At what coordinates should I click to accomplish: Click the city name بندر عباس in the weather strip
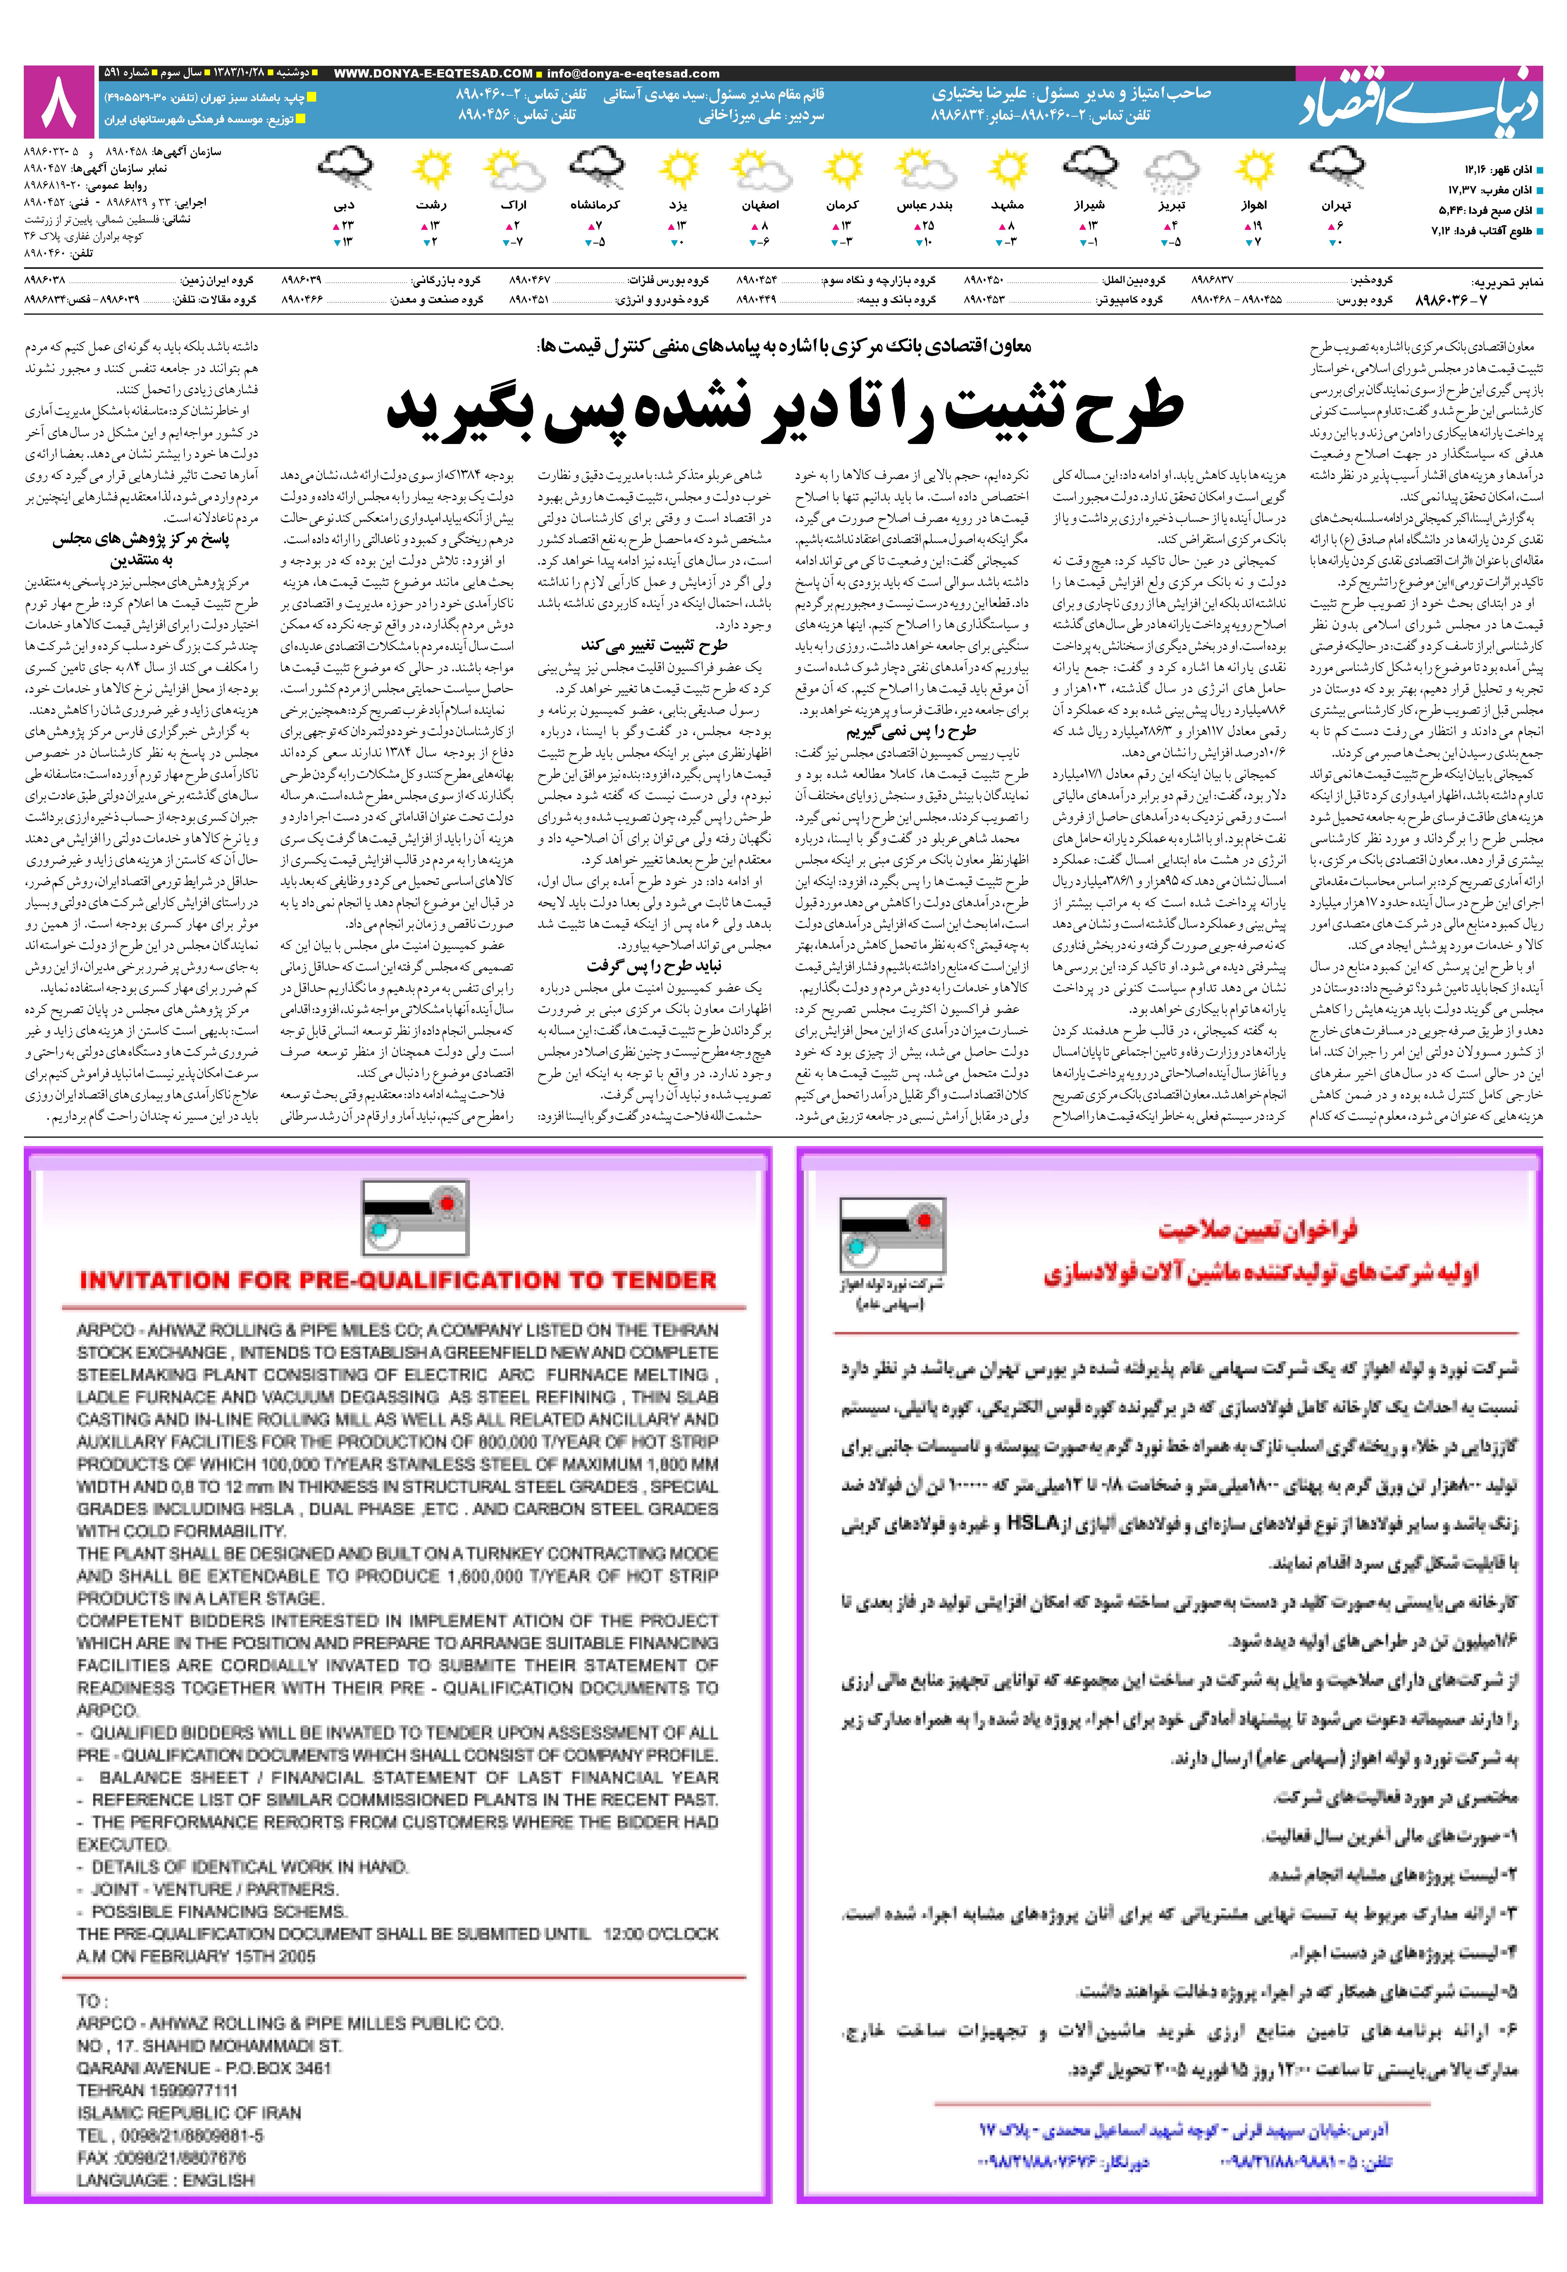[x=924, y=205]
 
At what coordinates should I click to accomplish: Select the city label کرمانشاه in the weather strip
[x=595, y=205]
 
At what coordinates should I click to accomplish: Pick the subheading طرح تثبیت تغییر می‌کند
[x=653, y=645]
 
